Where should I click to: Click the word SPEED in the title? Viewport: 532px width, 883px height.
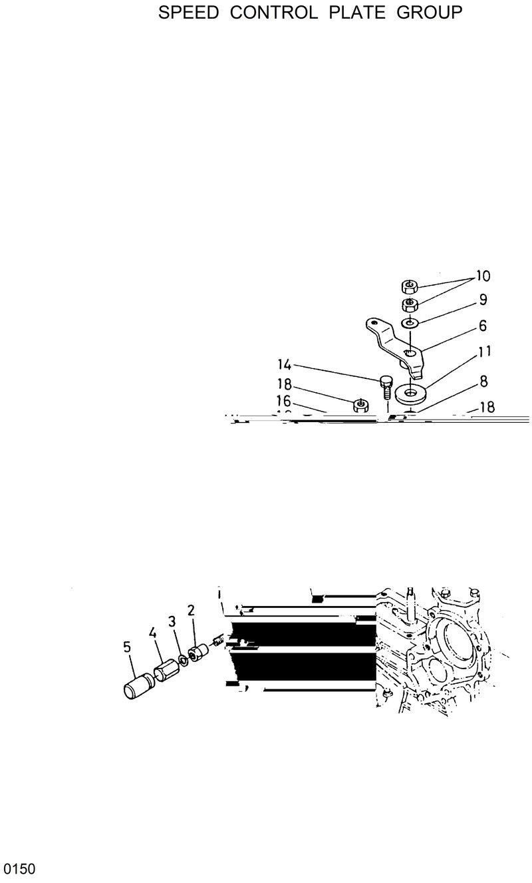click(x=188, y=13)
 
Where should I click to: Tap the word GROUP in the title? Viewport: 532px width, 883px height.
click(x=429, y=13)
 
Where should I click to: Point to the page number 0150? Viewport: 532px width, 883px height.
click(x=19, y=870)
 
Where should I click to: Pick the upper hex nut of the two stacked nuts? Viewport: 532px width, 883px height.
click(x=409, y=287)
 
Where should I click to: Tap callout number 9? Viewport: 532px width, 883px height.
click(x=483, y=300)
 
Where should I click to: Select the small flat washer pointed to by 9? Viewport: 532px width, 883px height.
click(x=410, y=324)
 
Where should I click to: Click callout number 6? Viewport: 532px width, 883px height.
click(x=482, y=326)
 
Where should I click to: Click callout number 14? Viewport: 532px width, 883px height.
click(x=285, y=364)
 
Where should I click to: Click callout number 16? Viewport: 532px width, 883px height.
click(x=285, y=402)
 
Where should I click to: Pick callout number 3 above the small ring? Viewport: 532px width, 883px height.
click(x=172, y=622)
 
